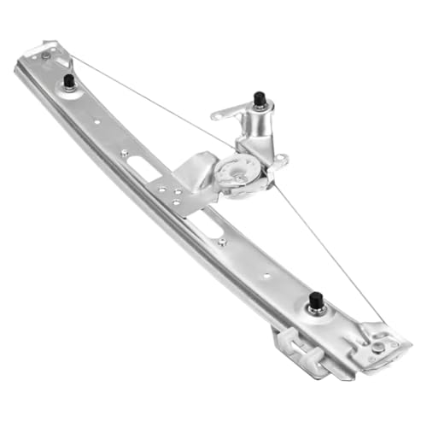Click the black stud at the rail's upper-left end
tap(67, 81)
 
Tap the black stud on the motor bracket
tap(258, 99)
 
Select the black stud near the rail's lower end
tap(315, 301)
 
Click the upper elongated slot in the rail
tap(146, 168)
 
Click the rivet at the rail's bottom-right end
tap(377, 346)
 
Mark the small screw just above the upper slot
tap(125, 153)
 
